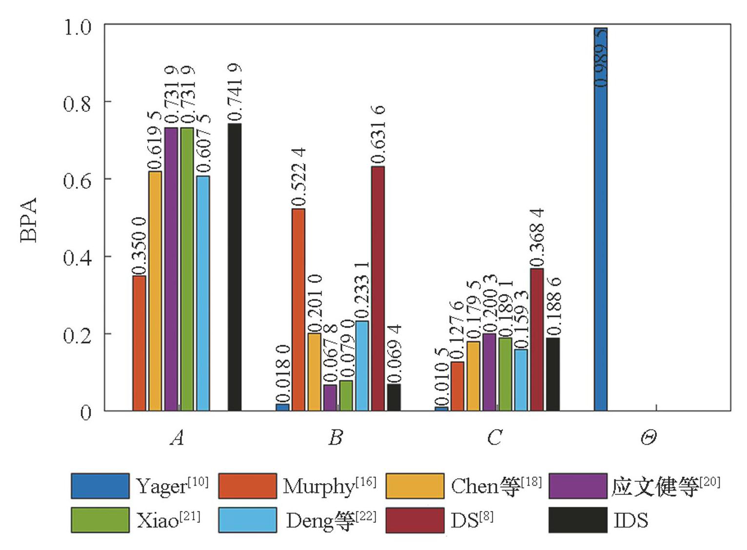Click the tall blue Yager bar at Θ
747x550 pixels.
(601, 219)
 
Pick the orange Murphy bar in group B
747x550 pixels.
(298, 310)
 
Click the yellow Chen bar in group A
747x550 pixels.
(155, 291)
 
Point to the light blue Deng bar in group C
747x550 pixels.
(521, 380)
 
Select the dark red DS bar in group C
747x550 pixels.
(537, 340)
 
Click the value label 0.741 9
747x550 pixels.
(235, 92)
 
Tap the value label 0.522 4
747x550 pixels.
(298, 177)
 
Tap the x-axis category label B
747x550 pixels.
(335, 437)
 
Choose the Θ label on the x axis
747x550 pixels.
(648, 438)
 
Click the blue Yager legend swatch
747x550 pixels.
(100, 486)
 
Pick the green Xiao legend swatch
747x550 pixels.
(100, 520)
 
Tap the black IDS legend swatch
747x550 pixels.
(578, 520)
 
